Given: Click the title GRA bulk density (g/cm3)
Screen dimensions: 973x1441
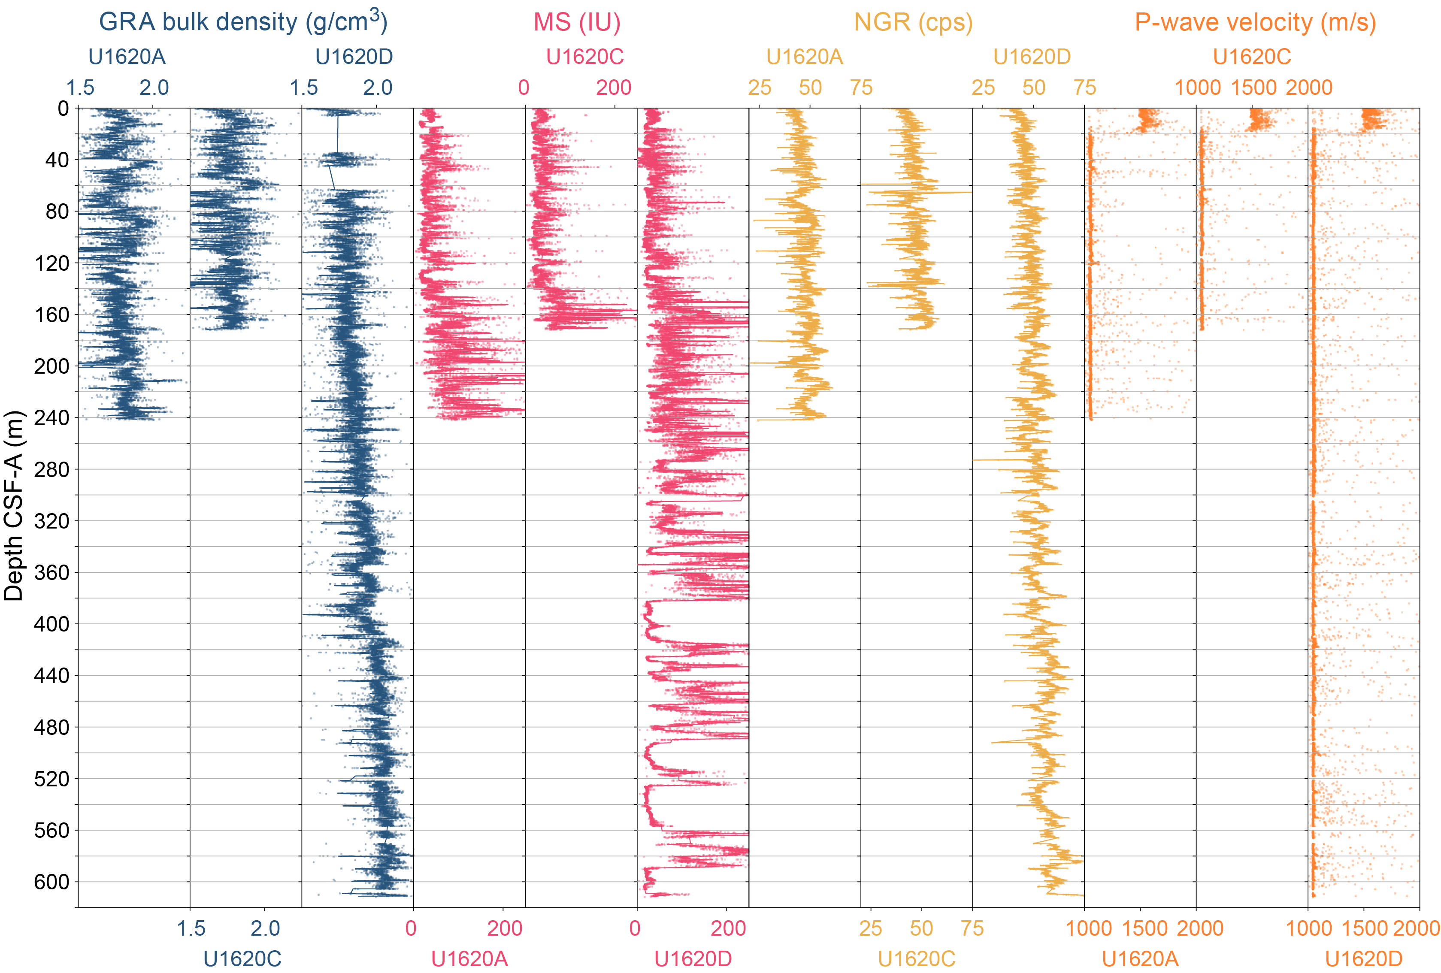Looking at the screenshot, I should [x=243, y=22].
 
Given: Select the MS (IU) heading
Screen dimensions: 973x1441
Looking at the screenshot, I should [x=577, y=22].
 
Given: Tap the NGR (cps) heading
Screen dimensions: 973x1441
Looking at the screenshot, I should [x=913, y=22].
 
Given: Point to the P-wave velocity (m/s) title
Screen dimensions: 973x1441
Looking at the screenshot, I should [x=1255, y=22].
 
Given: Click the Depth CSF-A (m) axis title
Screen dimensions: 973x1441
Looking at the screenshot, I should [x=14, y=506].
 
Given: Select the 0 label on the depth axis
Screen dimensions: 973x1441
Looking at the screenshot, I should [x=63, y=109].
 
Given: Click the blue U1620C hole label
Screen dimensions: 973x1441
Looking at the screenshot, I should [x=242, y=959].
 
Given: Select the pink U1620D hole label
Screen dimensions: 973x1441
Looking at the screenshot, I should [x=693, y=959].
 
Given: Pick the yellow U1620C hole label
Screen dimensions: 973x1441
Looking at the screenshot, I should [x=917, y=959].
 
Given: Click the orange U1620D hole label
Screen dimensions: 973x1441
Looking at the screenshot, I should [x=1363, y=959].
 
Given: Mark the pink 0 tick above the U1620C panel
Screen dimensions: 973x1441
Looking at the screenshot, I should [x=524, y=88].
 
